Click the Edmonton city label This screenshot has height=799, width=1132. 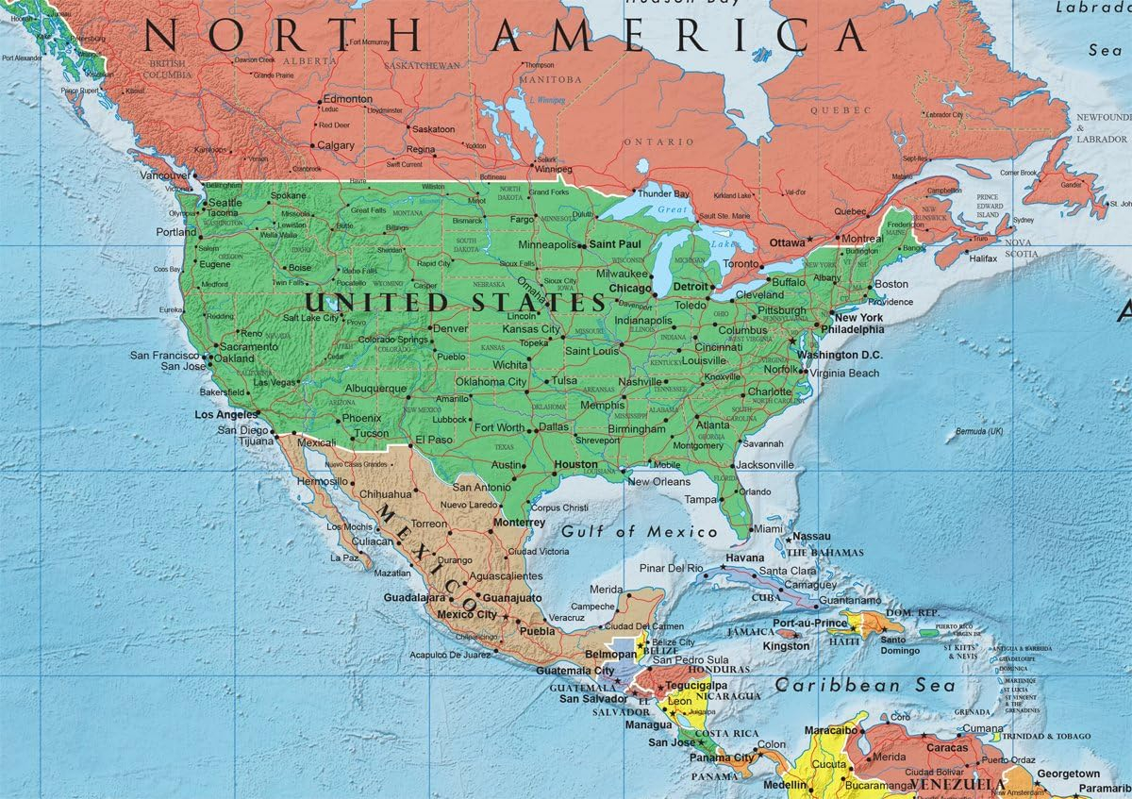347,99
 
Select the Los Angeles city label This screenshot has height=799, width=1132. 225,415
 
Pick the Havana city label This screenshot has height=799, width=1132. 744,557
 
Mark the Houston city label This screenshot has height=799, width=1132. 575,465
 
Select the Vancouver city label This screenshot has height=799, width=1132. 165,175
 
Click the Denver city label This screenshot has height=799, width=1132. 449,329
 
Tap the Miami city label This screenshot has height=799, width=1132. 769,530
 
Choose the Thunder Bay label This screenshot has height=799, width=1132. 664,194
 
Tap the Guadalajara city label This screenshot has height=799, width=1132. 414,598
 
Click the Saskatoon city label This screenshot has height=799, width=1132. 434,129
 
